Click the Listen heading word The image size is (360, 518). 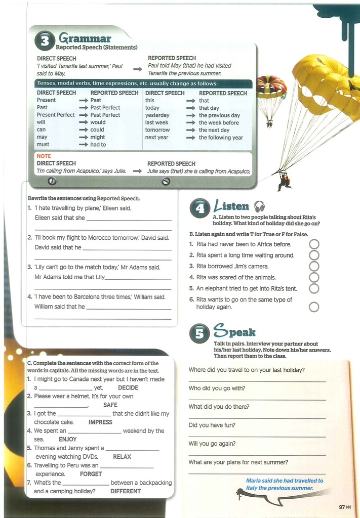[232, 206]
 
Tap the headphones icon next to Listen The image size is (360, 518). [259, 206]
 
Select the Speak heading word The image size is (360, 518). [234, 332]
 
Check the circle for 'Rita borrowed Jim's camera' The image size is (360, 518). [314, 266]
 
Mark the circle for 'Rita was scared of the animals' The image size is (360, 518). [314, 277]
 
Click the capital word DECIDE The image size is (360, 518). [128, 387]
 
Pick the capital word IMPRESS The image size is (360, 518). [100, 422]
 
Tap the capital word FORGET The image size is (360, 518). [91, 474]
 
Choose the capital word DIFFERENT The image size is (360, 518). [125, 491]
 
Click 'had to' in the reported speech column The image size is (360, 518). [98, 145]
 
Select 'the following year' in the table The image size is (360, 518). [221, 138]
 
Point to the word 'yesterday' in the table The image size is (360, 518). [157, 115]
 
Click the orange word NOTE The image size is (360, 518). [44, 156]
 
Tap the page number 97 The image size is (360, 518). [342, 507]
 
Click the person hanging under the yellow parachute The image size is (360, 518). [284, 182]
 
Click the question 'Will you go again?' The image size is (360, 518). [212, 444]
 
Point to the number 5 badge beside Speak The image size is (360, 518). [199, 333]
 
